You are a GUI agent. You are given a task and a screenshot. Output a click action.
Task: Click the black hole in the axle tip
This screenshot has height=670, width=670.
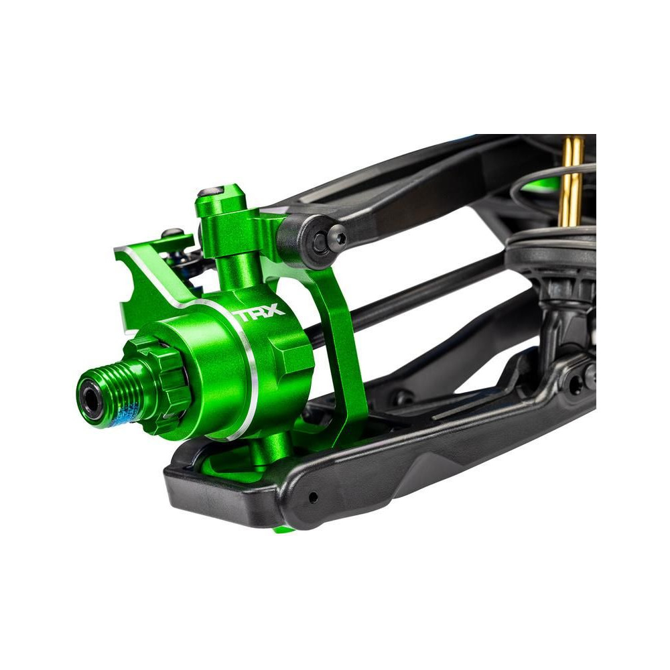pyautogui.click(x=91, y=399)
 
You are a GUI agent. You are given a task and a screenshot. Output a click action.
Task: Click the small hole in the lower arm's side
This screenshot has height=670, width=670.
pyautogui.click(x=313, y=497)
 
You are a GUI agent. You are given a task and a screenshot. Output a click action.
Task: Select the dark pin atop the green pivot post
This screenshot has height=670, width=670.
pyautogui.click(x=210, y=191)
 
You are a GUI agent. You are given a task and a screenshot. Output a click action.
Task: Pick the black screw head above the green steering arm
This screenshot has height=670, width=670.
pyautogui.click(x=173, y=233)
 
